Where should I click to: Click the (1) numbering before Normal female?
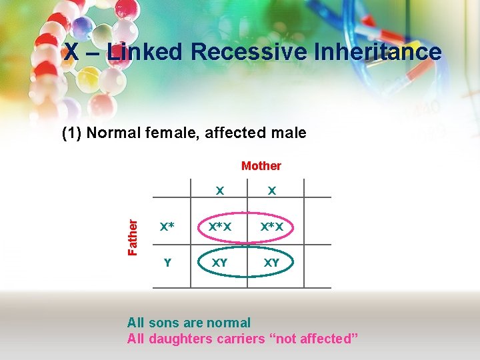tap(72, 133)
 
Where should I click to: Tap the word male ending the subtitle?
tap(289, 133)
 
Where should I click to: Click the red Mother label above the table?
tap(261, 165)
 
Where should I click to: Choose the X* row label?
tap(167, 227)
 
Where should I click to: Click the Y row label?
tap(167, 263)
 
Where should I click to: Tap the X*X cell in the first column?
tap(219, 227)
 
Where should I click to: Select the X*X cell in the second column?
tap(271, 227)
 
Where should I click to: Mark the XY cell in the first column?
tap(219, 263)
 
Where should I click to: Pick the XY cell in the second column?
tap(271, 263)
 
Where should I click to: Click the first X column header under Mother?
tap(219, 191)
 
